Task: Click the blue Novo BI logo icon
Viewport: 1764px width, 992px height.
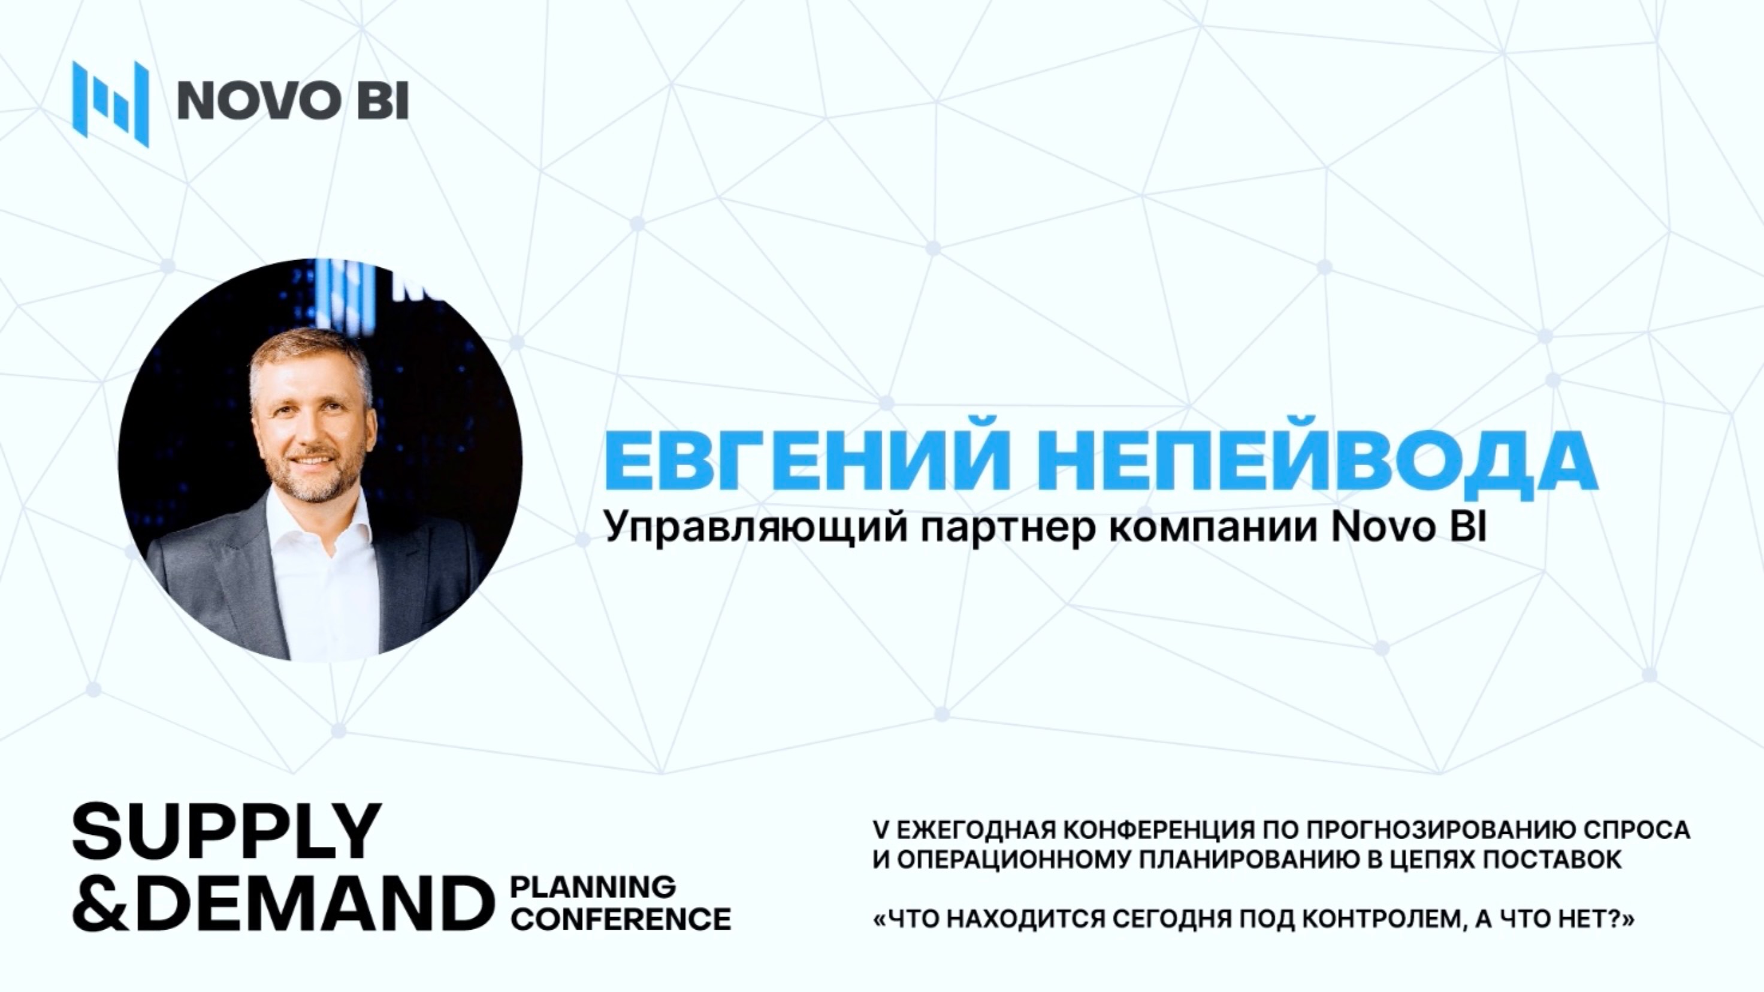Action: tap(110, 102)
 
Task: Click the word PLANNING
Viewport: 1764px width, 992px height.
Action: tap(593, 887)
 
